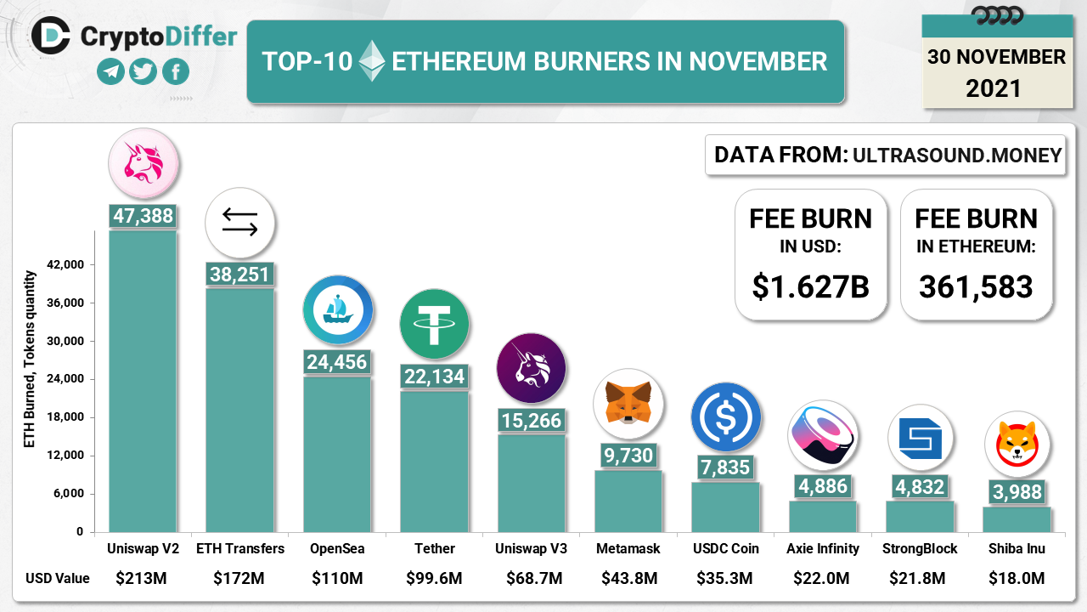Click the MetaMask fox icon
628,402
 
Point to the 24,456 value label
336,362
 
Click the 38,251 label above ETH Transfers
239,274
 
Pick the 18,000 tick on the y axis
65,417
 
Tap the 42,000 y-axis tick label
65,265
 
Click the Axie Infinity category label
823,549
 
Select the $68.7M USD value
531,579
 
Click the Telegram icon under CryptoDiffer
110,72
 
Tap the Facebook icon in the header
175,72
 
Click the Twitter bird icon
143,72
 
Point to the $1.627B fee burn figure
810,286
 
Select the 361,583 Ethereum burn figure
976,286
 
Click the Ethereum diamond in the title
371,61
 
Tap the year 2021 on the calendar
994,88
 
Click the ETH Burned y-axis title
30,360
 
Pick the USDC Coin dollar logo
724,416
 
